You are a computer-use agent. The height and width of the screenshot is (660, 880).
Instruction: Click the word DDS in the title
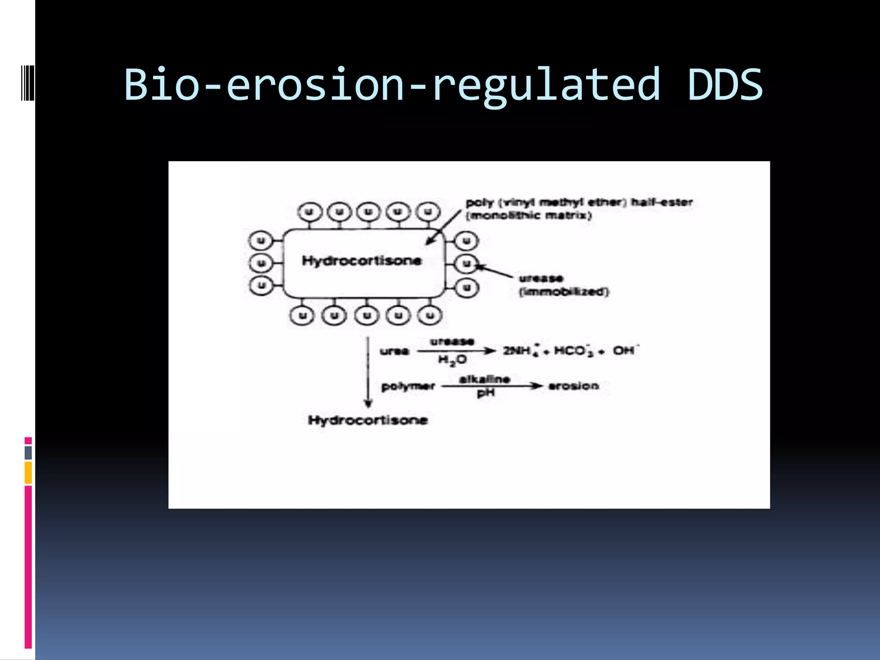point(725,84)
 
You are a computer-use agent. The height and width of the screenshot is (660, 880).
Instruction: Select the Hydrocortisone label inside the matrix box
point(362,260)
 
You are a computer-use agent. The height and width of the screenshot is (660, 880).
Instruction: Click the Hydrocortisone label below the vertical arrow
point(368,420)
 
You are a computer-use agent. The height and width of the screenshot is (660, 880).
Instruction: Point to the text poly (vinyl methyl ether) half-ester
point(579,202)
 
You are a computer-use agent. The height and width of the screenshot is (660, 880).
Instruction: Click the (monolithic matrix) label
point(529,215)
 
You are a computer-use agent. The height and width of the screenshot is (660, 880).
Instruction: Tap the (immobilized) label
point(564,292)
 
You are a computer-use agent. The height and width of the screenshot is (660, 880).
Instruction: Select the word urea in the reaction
point(394,351)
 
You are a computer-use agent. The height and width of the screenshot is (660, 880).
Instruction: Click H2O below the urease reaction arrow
point(452,360)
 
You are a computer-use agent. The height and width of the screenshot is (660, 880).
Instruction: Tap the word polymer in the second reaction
point(408,386)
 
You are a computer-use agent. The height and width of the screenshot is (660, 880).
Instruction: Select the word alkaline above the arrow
point(484,379)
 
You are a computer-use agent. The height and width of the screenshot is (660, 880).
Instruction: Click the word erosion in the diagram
point(574,386)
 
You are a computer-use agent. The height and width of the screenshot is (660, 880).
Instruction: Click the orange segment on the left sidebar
point(28,472)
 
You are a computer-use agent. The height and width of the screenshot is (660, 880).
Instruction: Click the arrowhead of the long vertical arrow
point(368,403)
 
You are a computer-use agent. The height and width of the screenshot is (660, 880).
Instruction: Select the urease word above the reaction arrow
point(452,342)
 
